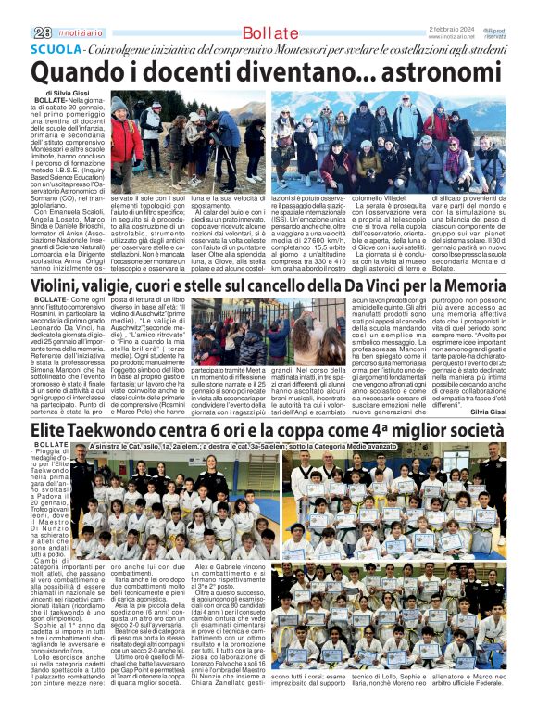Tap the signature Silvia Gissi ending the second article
pyautogui.click(x=489, y=410)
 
